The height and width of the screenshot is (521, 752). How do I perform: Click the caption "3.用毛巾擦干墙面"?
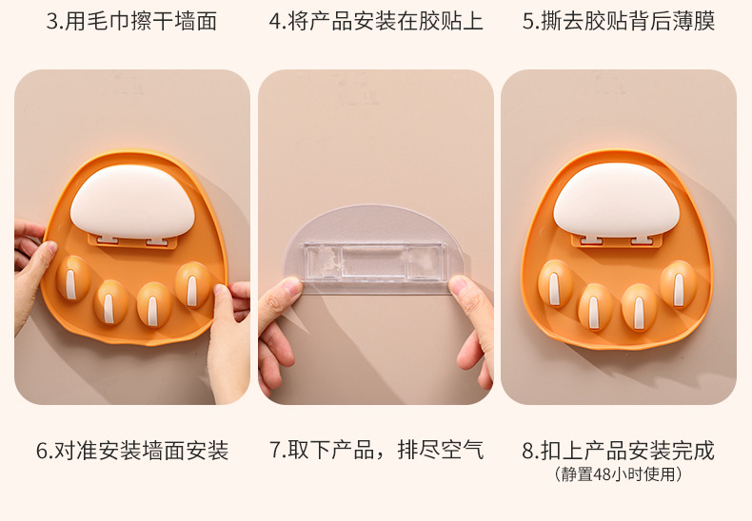pyautogui.click(x=131, y=21)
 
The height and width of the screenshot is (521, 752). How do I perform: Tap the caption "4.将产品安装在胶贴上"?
pyautogui.click(x=375, y=21)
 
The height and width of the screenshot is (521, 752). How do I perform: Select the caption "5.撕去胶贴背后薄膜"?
pyautogui.click(x=618, y=21)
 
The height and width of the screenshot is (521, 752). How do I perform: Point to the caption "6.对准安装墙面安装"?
pyautogui.click(x=132, y=450)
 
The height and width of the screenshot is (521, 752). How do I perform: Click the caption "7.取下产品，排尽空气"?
pyautogui.click(x=376, y=450)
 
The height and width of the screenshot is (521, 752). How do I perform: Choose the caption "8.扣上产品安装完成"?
pyautogui.click(x=618, y=450)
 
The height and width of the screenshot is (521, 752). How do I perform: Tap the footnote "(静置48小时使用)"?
pyautogui.click(x=618, y=473)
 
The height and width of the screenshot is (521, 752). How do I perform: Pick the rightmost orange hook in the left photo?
pyautogui.click(x=193, y=283)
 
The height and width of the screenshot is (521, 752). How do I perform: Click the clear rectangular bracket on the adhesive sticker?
pyautogui.click(x=375, y=259)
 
